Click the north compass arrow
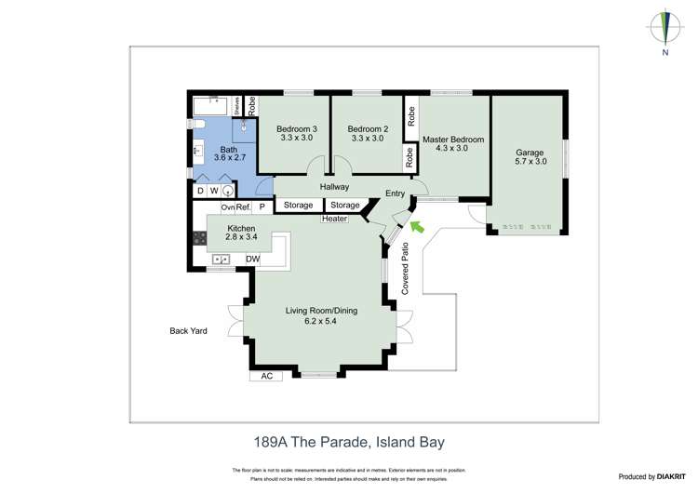coord(665,27)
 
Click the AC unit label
coord(266,376)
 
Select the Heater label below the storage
coord(334,219)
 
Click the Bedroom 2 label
coord(366,128)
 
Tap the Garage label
coord(530,153)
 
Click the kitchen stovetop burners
coord(198,238)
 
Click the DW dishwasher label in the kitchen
coord(252,259)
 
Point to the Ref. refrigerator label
coord(244,207)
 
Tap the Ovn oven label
coord(227,207)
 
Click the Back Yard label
coord(188,330)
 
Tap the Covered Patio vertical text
coord(405,269)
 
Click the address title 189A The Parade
coord(343,444)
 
